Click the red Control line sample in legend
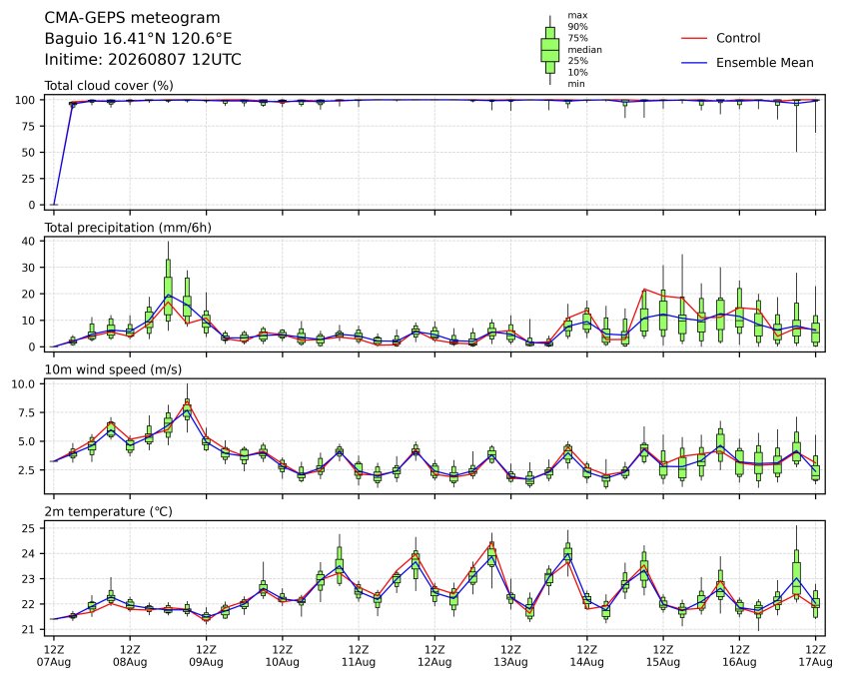[694, 38]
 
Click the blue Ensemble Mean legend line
[694, 63]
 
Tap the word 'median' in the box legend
[584, 50]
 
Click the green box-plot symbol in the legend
[549, 50]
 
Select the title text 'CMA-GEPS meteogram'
[132, 18]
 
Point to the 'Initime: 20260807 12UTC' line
[143, 59]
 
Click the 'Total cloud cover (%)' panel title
[109, 86]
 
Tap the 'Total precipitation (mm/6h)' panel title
[128, 228]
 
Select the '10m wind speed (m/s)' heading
[113, 369]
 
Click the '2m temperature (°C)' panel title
[108, 511]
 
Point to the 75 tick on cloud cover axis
[30, 127]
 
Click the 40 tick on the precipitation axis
[30, 241]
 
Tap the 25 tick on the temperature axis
[30, 528]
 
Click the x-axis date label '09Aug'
[206, 662]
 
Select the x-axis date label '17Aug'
[815, 662]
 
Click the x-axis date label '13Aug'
[510, 662]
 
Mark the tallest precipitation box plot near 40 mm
[168, 286]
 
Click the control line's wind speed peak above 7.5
[187, 403]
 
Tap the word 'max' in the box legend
[577, 15]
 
